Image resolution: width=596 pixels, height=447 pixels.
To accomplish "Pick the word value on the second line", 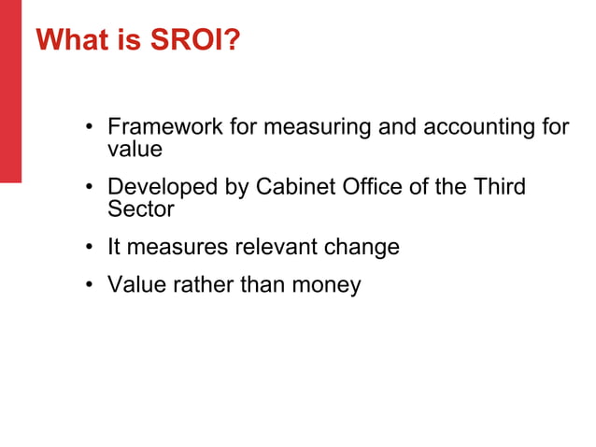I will tap(135, 149).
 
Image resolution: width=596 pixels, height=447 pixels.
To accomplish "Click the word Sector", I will tap(141, 209).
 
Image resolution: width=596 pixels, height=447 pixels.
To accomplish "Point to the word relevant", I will tap(275, 247).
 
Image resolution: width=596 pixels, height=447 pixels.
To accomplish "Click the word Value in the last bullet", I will tap(136, 284).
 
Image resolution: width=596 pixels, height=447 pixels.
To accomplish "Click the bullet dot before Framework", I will tap(90, 128).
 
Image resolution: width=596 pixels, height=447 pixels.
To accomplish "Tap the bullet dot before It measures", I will tap(90, 249).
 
